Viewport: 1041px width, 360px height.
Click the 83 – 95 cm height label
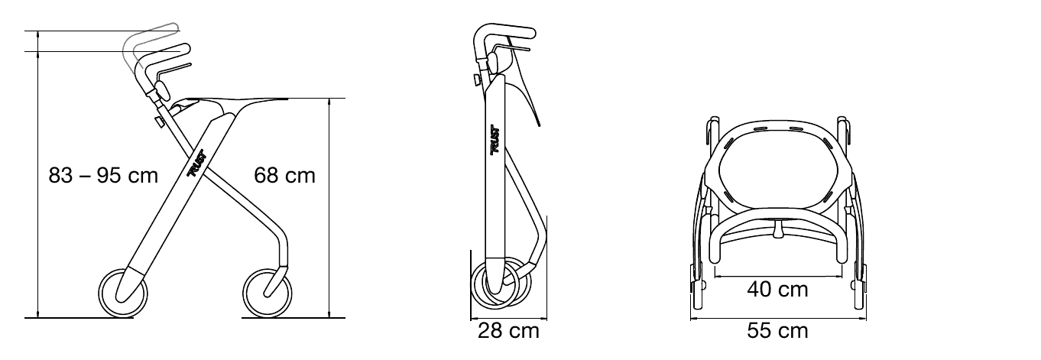coord(103,176)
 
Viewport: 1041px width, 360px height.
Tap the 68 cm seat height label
coord(284,176)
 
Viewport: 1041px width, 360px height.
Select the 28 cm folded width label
coord(508,331)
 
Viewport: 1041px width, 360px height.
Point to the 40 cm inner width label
coord(777,290)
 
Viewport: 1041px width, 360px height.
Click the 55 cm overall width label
coord(777,331)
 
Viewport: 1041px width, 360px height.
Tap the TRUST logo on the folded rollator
coord(495,139)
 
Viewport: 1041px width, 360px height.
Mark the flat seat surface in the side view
coord(237,99)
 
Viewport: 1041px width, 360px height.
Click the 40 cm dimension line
coord(778,275)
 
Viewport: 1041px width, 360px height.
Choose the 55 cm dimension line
coord(778,319)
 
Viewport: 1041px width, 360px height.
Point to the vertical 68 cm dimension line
coord(329,208)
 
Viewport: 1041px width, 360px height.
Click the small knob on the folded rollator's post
coord(477,80)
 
